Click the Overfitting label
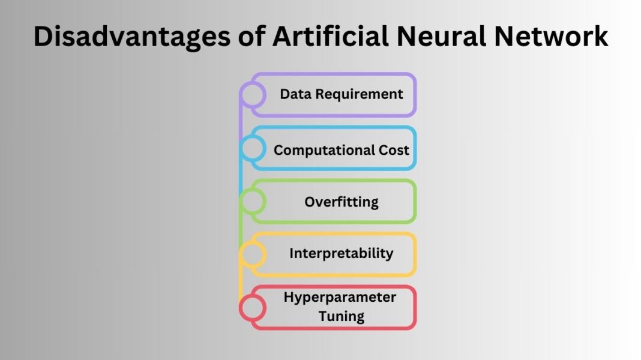point(341,202)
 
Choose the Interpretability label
point(341,253)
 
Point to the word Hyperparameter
point(340,297)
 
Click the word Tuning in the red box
point(341,316)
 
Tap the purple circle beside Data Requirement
point(253,95)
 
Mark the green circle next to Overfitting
point(253,201)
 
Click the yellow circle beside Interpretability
point(253,254)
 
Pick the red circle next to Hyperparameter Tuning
point(253,307)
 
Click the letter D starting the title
point(44,37)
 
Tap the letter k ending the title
point(600,37)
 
